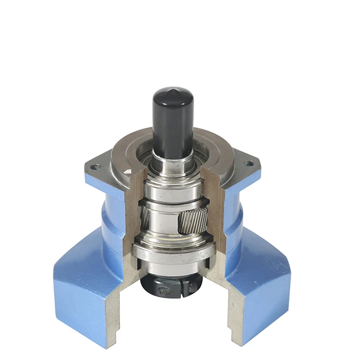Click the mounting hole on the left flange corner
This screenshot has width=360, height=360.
(x=95, y=167)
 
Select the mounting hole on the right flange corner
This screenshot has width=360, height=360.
(x=249, y=164)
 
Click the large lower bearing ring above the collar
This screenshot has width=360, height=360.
(x=172, y=254)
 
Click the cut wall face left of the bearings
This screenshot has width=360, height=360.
(x=133, y=216)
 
